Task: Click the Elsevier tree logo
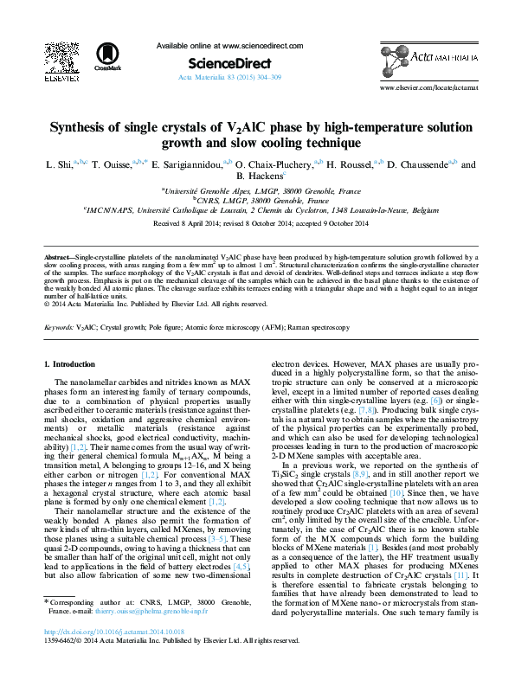[x=58, y=58]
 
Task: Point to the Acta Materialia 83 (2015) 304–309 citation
[x=229, y=77]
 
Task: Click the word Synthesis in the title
[x=80, y=127]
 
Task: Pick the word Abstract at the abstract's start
[x=58, y=259]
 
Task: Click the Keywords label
[x=59, y=329]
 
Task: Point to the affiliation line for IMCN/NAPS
[x=258, y=209]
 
